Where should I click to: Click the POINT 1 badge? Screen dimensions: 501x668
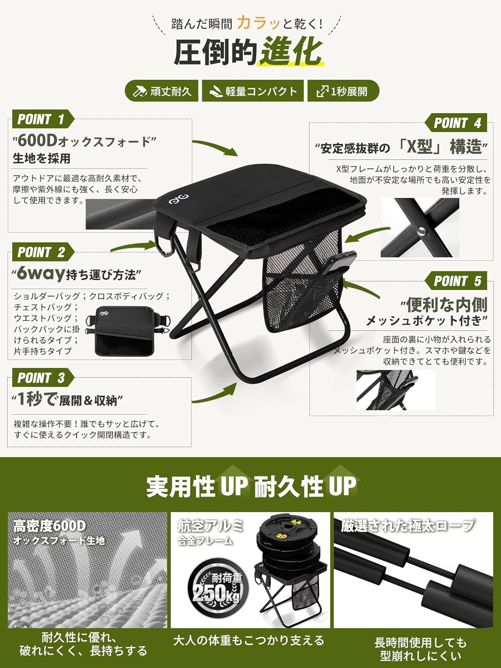(x=43, y=119)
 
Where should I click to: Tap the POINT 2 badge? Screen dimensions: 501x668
(x=43, y=252)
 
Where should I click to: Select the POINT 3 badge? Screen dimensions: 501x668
(x=43, y=378)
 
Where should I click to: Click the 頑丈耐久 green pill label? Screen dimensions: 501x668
(x=162, y=91)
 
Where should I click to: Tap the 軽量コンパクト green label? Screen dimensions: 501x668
(x=253, y=91)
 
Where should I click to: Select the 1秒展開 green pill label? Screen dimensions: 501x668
(x=343, y=91)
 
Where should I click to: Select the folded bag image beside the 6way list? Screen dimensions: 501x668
(x=128, y=331)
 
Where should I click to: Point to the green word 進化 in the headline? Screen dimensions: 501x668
(x=290, y=51)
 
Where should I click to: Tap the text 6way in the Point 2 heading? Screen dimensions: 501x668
(x=41, y=273)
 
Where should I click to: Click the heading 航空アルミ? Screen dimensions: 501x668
(x=211, y=526)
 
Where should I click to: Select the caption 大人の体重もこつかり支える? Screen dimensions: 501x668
(x=249, y=640)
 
